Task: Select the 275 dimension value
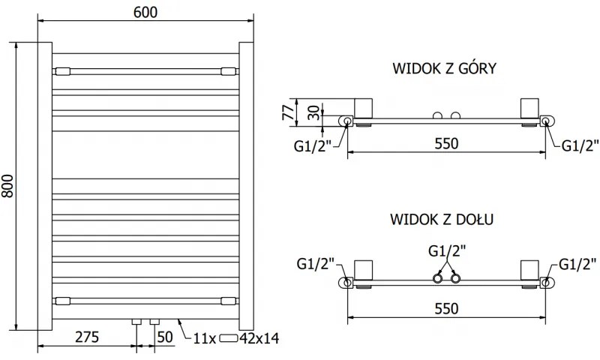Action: point(88,337)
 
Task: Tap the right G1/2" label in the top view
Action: point(580,146)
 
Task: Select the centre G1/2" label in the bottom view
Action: point(446,249)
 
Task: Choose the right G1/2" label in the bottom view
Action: point(577,263)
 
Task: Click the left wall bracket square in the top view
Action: point(364,108)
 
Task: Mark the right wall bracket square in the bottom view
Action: point(529,270)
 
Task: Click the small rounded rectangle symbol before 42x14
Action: point(229,339)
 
